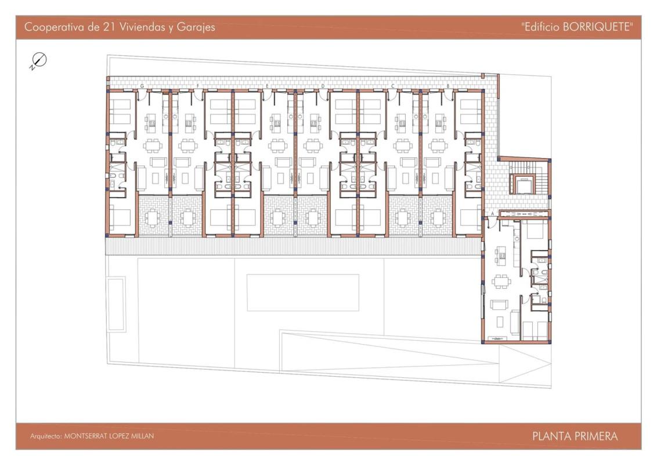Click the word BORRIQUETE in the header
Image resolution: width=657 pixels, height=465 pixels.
pyautogui.click(x=597, y=27)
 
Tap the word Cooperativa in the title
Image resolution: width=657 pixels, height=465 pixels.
pyautogui.click(x=55, y=27)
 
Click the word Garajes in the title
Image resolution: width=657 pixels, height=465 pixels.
pyautogui.click(x=196, y=28)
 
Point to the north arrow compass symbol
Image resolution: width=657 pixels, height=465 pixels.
pyautogui.click(x=38, y=61)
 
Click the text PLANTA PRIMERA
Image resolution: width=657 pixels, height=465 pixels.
pyautogui.click(x=575, y=437)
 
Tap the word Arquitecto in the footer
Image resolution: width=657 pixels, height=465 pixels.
pyautogui.click(x=45, y=437)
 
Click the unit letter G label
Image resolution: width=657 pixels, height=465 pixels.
pyautogui.click(x=142, y=86)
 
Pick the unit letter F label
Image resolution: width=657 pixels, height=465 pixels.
pyautogui.click(x=198, y=86)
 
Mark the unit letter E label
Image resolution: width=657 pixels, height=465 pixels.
pyautogui.click(x=268, y=86)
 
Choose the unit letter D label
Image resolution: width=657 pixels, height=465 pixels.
pyautogui.click(x=323, y=86)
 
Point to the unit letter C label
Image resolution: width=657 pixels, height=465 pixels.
pyautogui.click(x=392, y=86)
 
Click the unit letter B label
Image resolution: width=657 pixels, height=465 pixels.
pyautogui.click(x=448, y=86)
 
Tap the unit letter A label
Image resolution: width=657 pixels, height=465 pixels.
pyautogui.click(x=492, y=214)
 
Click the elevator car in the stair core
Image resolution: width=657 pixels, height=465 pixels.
pyautogui.click(x=523, y=185)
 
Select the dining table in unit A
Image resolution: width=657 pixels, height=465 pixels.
pyautogui.click(x=501, y=281)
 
